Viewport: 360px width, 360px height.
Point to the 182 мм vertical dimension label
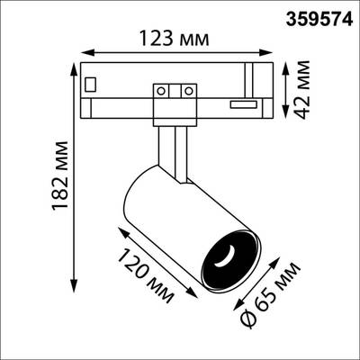(x=37, y=178)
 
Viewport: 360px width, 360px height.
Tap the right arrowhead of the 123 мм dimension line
(x=274, y=51)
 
